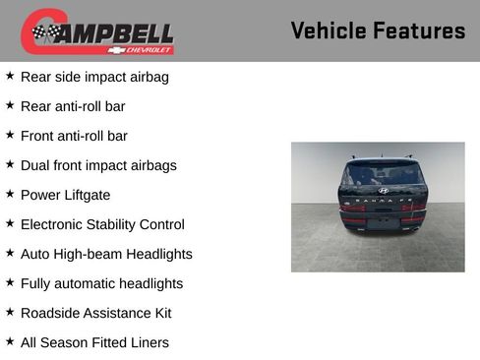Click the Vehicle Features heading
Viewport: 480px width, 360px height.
[x=378, y=30]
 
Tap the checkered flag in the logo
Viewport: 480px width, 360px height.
[x=45, y=32]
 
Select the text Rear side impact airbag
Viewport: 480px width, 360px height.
[x=93, y=77]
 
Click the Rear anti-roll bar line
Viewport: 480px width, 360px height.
[x=73, y=106]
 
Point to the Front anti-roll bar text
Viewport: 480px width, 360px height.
[x=74, y=136]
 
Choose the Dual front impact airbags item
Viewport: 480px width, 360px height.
[x=98, y=165]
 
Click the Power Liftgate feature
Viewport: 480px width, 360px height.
[x=65, y=195]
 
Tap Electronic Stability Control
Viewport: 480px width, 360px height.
[x=102, y=224]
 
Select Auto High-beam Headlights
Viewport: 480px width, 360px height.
[x=106, y=254]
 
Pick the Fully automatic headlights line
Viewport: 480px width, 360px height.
[x=101, y=283]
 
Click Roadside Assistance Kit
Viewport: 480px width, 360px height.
[x=95, y=313]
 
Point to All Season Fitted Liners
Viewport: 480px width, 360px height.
[x=94, y=342]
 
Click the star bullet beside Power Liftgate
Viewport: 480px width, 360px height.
[x=10, y=194]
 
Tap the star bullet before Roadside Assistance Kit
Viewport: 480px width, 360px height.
[x=10, y=312]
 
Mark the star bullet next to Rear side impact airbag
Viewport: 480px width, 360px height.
[x=10, y=76]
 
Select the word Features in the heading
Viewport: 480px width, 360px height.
[x=419, y=30]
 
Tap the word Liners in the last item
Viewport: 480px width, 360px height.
[x=147, y=342]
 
